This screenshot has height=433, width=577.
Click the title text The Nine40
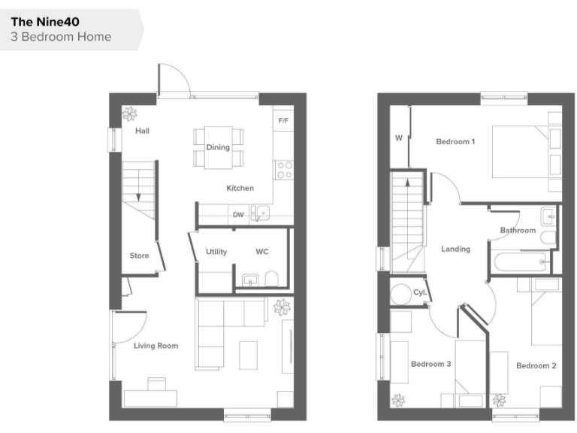45,22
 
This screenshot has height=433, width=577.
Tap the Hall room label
142,131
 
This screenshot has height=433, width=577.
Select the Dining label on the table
218,147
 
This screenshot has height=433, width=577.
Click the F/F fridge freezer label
283,120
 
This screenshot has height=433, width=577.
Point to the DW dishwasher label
238,215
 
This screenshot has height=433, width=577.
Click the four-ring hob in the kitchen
284,170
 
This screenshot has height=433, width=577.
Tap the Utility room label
216,252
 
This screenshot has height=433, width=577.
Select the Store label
140,256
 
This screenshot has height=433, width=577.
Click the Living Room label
156,346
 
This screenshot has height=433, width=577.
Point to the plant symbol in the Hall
131,114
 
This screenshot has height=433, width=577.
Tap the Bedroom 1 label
455,141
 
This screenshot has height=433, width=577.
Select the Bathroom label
518,230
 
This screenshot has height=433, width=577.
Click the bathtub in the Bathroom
518,262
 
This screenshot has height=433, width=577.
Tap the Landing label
455,249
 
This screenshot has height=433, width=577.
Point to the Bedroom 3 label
430,364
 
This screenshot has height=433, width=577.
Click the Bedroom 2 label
536,365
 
